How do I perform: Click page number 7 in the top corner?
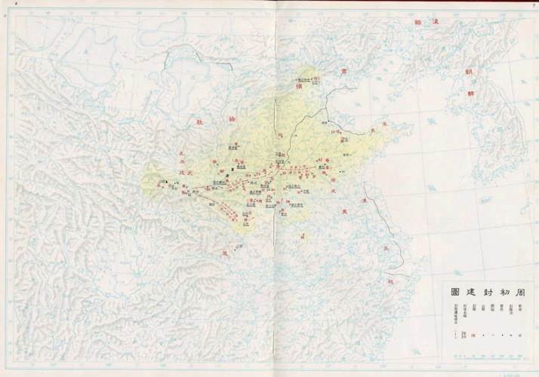pos(533,4)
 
